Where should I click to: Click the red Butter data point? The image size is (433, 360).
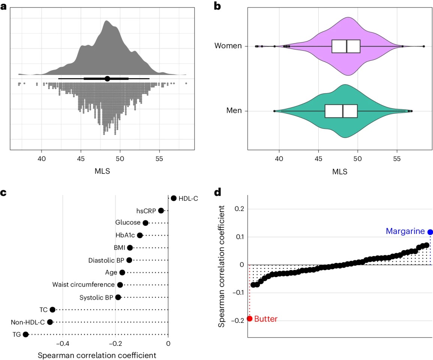click(250, 319)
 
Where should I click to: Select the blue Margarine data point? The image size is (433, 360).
click(430, 232)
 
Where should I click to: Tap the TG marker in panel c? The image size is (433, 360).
click(25, 334)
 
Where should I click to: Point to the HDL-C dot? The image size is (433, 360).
click(173, 198)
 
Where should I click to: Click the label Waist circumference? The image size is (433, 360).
click(83, 285)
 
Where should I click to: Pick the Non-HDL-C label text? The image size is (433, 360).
click(27, 322)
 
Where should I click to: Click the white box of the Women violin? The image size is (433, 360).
click(346, 46)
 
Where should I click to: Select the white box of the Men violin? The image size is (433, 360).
click(341, 111)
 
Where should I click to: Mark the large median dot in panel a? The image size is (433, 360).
click(107, 79)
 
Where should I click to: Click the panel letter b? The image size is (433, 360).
click(216, 6)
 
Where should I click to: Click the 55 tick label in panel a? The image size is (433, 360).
click(159, 158)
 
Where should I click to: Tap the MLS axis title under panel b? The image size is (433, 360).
click(340, 172)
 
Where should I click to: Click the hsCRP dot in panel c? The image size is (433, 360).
click(161, 210)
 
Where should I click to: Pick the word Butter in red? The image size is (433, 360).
click(266, 319)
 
